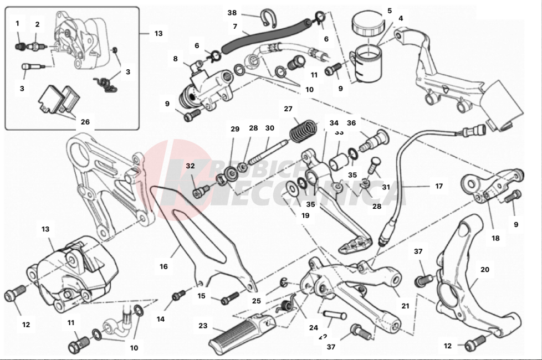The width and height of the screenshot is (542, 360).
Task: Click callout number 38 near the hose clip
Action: [232, 12]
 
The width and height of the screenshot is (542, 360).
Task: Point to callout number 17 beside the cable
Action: [439, 187]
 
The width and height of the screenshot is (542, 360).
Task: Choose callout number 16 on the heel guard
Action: [163, 266]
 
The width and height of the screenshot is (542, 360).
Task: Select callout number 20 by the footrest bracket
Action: [485, 270]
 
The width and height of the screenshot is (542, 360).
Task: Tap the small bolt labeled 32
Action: [201, 191]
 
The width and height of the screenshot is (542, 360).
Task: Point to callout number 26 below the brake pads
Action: [85, 122]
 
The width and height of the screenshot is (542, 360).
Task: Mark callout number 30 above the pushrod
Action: [270, 128]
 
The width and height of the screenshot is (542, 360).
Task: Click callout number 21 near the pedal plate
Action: [405, 306]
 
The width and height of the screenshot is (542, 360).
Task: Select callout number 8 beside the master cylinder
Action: [175, 58]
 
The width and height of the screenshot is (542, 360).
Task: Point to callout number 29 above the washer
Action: [235, 128]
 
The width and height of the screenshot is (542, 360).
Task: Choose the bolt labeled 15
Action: [229, 300]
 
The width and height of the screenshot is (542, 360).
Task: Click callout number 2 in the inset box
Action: [37, 24]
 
